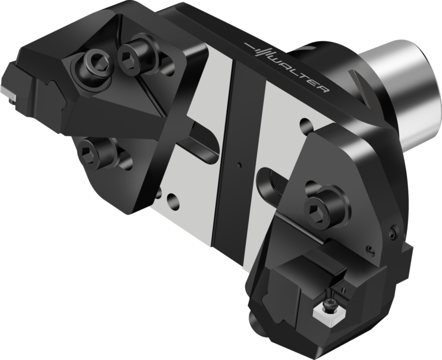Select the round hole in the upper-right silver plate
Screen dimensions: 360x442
(306, 124)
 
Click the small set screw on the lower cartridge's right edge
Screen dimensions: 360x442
(391, 233)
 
